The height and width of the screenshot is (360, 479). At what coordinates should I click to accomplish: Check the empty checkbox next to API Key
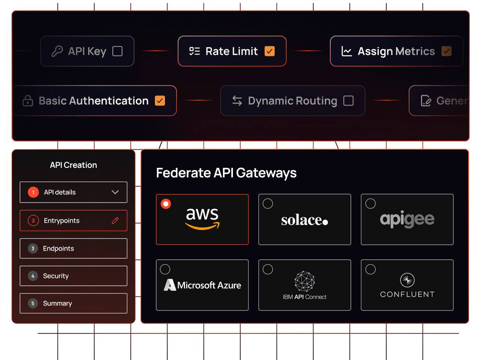pyautogui.click(x=117, y=51)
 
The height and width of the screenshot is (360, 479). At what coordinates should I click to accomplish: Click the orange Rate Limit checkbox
pyautogui.click(x=270, y=51)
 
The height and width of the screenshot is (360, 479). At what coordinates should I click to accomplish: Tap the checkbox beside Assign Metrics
pyautogui.click(x=447, y=51)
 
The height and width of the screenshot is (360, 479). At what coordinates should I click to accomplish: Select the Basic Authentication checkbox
pyautogui.click(x=160, y=101)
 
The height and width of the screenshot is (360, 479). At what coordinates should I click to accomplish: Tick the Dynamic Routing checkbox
pyautogui.click(x=348, y=101)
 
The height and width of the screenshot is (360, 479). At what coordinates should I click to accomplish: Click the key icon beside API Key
pyautogui.click(x=57, y=51)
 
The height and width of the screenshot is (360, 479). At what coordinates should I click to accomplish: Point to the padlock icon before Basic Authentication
pyautogui.click(x=28, y=101)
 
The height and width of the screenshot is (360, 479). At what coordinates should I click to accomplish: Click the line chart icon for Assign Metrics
pyautogui.click(x=347, y=51)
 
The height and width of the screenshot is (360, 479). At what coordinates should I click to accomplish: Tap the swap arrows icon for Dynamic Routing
pyautogui.click(x=237, y=101)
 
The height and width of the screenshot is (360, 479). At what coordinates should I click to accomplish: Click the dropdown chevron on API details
pyautogui.click(x=115, y=192)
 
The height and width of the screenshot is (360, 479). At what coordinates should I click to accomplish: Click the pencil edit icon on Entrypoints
pyautogui.click(x=115, y=220)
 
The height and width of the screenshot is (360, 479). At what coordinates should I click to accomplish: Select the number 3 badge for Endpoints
pyautogui.click(x=33, y=248)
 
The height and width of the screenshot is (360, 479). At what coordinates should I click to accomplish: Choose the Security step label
pyautogui.click(x=56, y=276)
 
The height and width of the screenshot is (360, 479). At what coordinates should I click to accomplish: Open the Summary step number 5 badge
pyautogui.click(x=33, y=303)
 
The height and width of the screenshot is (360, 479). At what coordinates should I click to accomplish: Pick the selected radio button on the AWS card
pyautogui.click(x=166, y=204)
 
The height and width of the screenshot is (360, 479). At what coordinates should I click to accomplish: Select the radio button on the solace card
pyautogui.click(x=268, y=204)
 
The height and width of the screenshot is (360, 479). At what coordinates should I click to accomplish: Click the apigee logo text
pyautogui.click(x=407, y=220)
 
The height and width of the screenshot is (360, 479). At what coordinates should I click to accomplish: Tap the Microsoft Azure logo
pyautogui.click(x=202, y=285)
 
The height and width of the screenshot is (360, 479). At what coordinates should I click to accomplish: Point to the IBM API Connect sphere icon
pyautogui.click(x=305, y=281)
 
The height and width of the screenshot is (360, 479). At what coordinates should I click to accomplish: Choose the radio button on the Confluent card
pyautogui.click(x=370, y=269)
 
